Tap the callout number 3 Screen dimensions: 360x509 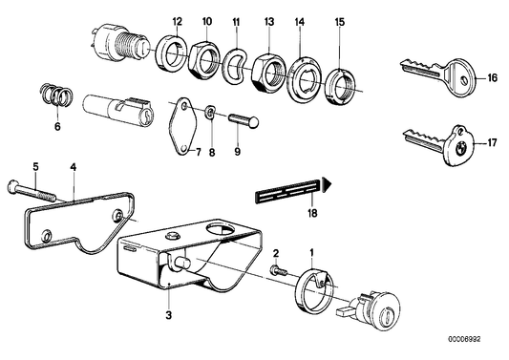[x=169, y=313]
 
